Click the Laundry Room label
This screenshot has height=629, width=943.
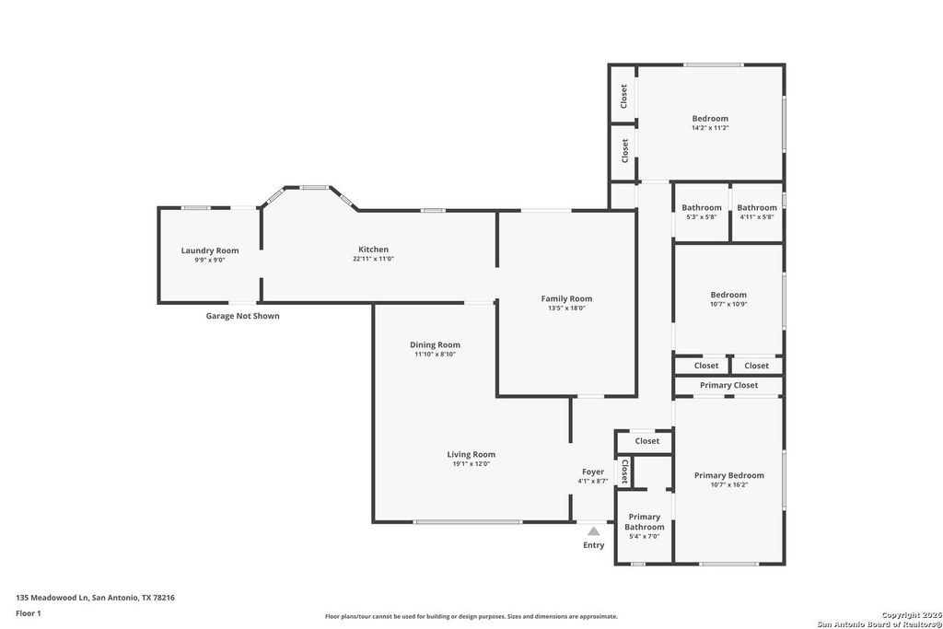point(210,250)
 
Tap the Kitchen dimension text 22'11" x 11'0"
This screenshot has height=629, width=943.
point(374,259)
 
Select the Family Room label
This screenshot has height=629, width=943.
point(566,298)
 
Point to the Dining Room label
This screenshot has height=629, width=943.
point(435,344)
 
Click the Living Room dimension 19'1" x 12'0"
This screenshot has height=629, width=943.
point(471,463)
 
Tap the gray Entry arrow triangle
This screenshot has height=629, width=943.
point(594,531)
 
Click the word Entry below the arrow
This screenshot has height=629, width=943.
point(594,545)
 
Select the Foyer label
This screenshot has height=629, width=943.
point(593,472)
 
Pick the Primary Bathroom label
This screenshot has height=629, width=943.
point(644,522)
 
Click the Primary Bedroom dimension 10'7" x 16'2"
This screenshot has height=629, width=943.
point(729,484)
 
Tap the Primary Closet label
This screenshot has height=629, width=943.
point(729,385)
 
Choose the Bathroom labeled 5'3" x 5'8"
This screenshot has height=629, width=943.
point(701,207)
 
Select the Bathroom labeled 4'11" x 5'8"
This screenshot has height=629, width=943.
point(757,207)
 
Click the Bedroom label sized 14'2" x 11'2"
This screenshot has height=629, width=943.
point(710,119)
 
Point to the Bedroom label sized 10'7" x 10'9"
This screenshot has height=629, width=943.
point(728,295)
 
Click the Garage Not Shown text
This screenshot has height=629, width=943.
point(242,316)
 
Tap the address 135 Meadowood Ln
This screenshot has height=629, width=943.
point(52,598)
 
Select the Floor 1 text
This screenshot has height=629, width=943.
point(29,613)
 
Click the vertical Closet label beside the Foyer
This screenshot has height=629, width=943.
point(625,472)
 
